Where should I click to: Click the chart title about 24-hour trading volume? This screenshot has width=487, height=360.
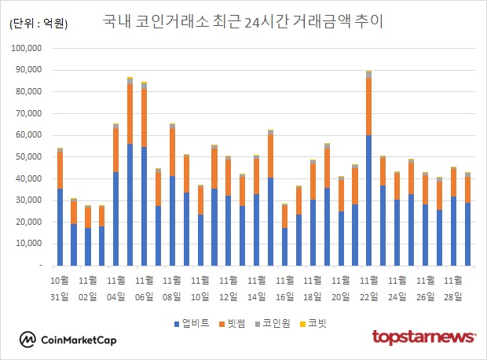tap(243, 20)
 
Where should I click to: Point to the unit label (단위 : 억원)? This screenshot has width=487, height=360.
tap(38, 24)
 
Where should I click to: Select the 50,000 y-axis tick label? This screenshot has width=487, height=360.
tap(34, 157)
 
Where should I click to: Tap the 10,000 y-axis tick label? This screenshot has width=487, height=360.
tap(34, 244)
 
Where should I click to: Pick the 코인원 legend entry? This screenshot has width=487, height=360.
tap(279, 323)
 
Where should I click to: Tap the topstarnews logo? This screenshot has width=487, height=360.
tap(423, 336)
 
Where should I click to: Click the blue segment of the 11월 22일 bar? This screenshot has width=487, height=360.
tap(368, 200)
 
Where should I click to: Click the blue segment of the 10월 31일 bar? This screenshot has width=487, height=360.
tap(60, 227)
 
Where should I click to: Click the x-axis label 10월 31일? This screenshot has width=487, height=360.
tap(60, 287)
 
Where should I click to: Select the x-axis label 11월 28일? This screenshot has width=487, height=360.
tap(453, 287)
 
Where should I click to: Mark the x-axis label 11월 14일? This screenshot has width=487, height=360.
tap(256, 287)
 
